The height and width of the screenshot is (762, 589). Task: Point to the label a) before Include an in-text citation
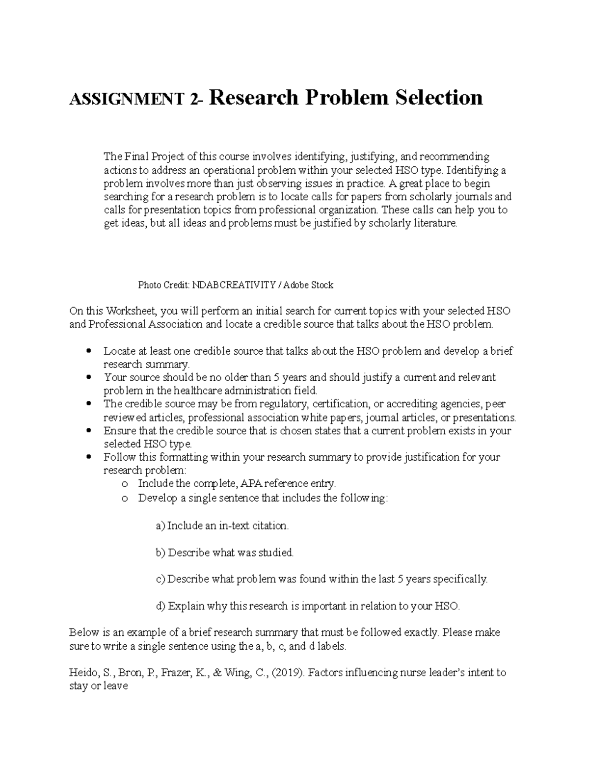click(160, 526)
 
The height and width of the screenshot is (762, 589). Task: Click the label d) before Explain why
click(161, 606)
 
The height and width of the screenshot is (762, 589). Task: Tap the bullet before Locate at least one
click(88, 351)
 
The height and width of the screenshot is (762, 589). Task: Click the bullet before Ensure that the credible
click(88, 431)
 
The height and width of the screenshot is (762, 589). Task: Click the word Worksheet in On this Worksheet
click(129, 311)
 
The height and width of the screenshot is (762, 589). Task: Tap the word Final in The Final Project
click(136, 157)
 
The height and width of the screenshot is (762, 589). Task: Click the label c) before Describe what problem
click(160, 579)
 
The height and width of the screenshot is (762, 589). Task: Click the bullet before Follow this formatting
click(88, 457)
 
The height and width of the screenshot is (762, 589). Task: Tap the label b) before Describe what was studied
click(161, 553)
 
